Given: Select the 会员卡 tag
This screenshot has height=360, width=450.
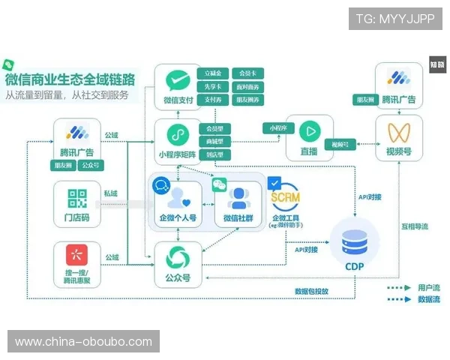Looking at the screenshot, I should pos(246,73).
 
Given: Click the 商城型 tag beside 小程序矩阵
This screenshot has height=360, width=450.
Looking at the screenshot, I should pos(214,141).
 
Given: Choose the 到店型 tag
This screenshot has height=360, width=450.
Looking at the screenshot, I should pos(214,154).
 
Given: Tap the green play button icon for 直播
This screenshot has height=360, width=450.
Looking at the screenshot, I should pos(309,130).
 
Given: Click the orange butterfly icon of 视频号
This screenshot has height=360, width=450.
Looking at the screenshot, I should pos(397,133).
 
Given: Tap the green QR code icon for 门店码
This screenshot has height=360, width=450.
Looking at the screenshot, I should pos(77,199).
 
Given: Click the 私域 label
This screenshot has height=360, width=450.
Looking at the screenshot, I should pos(111,193).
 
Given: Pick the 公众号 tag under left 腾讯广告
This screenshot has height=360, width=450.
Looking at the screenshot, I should pos(91,165).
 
